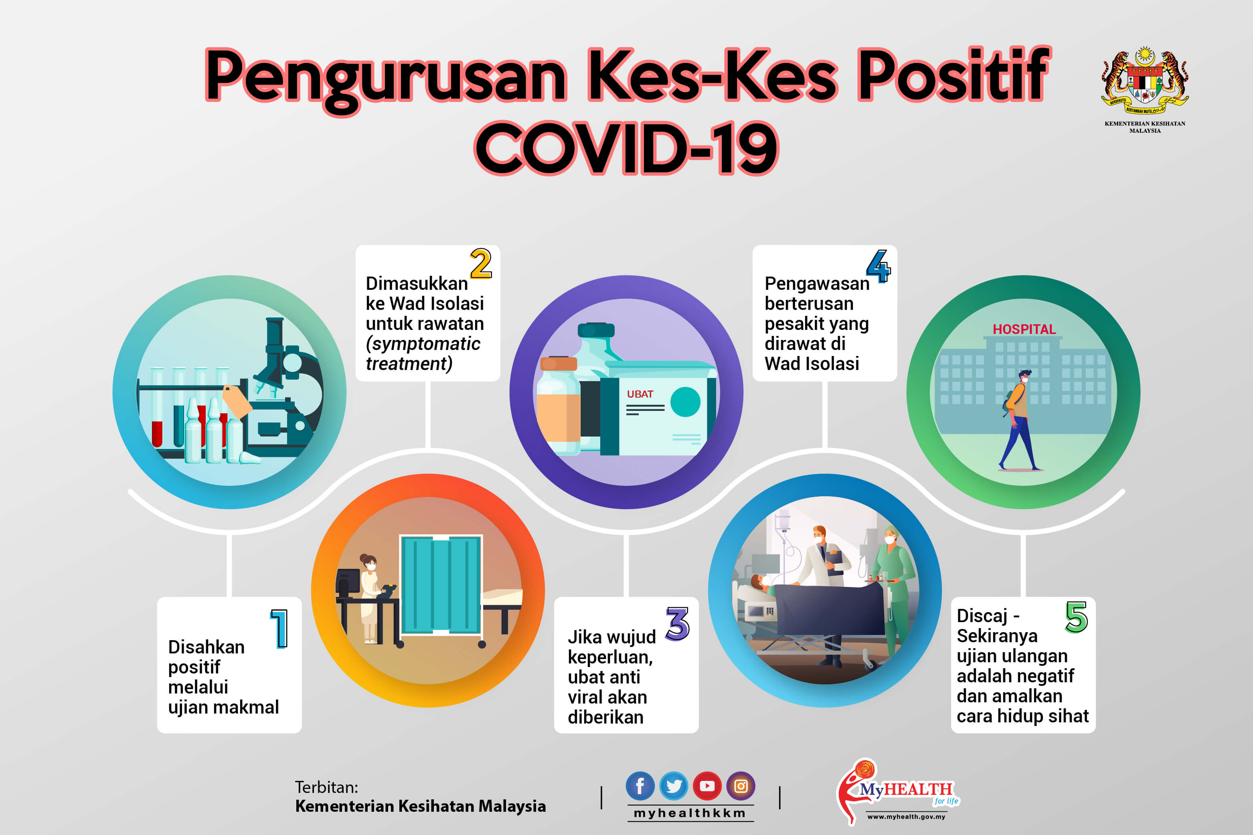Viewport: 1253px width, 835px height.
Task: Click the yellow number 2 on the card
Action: [480, 264]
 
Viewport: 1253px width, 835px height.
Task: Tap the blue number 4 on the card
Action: [878, 266]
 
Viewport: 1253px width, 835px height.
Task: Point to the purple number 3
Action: [677, 624]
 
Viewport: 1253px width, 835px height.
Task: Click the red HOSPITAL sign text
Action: [1024, 329]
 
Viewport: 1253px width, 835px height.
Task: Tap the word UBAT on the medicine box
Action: [640, 394]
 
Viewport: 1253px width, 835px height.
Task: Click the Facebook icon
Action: [640, 786]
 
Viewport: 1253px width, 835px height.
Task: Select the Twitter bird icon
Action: [674, 786]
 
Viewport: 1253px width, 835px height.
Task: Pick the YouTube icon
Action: [707, 786]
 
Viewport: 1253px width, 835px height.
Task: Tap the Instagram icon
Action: [741, 786]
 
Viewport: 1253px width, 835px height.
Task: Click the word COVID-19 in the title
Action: [626, 148]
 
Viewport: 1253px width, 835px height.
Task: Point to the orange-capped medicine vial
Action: [558, 405]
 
